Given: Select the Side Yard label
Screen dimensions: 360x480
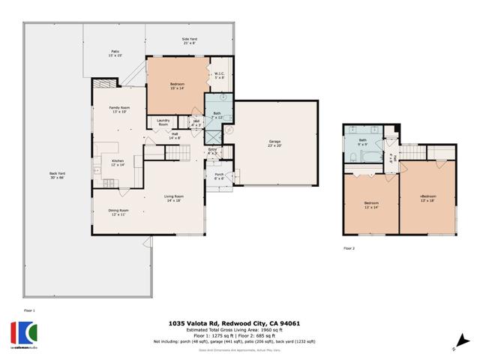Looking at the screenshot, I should (189, 40).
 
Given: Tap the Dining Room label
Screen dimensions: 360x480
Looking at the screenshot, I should (118, 212).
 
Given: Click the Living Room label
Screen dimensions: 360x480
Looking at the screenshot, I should (174, 198).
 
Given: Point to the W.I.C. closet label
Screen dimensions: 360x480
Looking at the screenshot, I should (220, 75).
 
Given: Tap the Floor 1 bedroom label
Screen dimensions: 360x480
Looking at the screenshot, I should (178, 86).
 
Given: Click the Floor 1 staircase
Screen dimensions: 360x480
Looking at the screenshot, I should (173, 153).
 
